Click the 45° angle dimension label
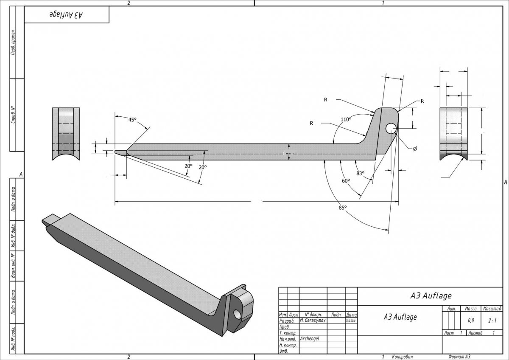tap(133, 120)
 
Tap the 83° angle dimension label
tap(361, 173)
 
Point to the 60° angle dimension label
tap(346, 181)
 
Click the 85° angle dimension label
tap(343, 207)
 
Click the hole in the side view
tap(391, 128)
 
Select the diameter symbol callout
tap(415, 149)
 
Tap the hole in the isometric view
tap(236, 314)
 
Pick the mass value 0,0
tap(471, 321)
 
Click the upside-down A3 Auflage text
tap(66, 15)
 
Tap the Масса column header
tap(471, 309)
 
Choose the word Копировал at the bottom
tap(402, 357)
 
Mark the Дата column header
tap(351, 315)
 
